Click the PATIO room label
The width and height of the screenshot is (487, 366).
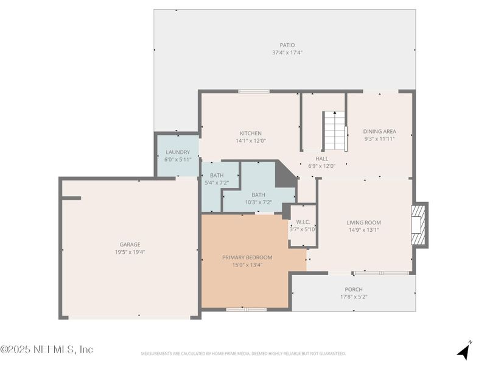(287, 45)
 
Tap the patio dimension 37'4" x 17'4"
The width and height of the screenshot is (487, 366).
(287, 52)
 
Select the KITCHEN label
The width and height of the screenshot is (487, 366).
(250, 133)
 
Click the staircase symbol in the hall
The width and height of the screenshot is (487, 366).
(334, 131)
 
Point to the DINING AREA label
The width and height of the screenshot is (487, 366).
(379, 131)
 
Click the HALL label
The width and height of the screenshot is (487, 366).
(321, 158)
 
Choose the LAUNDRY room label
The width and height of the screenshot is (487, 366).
(178, 152)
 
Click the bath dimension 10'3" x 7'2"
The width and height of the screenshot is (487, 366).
(258, 203)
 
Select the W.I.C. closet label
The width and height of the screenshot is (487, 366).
(302, 222)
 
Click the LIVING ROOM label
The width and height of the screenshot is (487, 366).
(363, 223)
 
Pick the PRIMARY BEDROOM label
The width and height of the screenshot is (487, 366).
(247, 257)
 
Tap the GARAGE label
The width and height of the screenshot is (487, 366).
(130, 244)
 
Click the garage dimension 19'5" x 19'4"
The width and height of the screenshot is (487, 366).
(130, 252)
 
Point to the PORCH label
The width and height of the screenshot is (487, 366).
(353, 289)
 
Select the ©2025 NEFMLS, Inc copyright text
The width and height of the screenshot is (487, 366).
(47, 350)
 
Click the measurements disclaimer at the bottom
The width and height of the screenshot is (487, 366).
(243, 354)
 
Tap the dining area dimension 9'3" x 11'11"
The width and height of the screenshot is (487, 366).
(379, 138)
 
